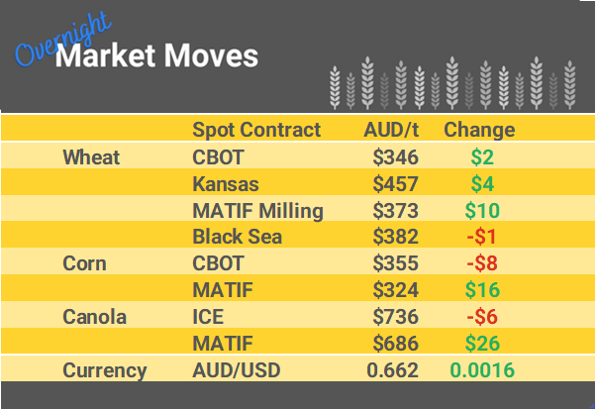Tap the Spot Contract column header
[256, 130]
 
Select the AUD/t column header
[392, 130]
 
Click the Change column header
[479, 130]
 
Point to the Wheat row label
[91, 156]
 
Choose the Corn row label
[84, 263]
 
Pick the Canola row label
[93, 317]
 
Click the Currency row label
[104, 370]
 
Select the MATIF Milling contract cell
[257, 210]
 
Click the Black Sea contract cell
[237, 237]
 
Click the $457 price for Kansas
[396, 183]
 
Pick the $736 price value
[396, 317]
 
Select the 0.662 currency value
[393, 370]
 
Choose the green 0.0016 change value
[482, 370]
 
